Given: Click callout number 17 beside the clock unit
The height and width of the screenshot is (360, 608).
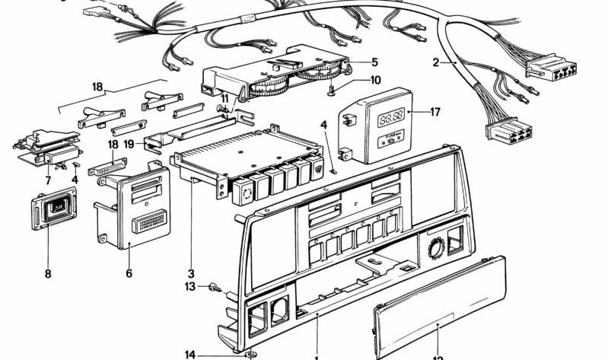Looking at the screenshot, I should click(x=435, y=112).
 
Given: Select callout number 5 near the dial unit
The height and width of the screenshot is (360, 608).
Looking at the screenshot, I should click(x=374, y=62).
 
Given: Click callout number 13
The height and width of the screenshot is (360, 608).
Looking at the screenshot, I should click(x=190, y=286).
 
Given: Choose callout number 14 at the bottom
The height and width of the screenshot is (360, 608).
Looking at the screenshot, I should click(x=190, y=354).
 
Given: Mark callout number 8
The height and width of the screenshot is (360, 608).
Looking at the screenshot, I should click(x=48, y=273).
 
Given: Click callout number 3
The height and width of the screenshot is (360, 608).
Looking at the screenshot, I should click(x=191, y=273).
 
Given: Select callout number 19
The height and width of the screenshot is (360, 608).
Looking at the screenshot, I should click(x=129, y=143).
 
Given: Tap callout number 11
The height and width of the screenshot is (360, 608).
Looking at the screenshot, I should click(x=225, y=99).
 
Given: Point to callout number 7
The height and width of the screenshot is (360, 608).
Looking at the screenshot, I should click(x=48, y=180).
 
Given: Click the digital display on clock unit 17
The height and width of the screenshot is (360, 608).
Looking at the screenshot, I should click(x=391, y=118).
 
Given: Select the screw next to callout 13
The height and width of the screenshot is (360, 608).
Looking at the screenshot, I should click(x=215, y=288).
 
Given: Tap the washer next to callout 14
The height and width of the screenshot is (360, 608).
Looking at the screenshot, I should click(x=250, y=354).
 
